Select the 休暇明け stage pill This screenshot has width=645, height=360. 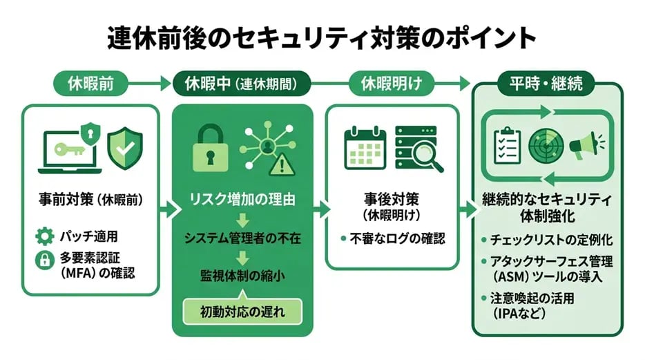[x=391, y=84]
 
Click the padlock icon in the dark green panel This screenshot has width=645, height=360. [x=208, y=146]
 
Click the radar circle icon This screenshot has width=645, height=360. [x=546, y=144]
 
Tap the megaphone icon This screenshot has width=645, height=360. [x=584, y=145]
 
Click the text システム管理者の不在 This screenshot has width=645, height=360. [x=242, y=238]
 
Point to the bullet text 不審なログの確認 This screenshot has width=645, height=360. [x=396, y=238]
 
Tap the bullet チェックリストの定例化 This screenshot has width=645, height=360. [x=550, y=240]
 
